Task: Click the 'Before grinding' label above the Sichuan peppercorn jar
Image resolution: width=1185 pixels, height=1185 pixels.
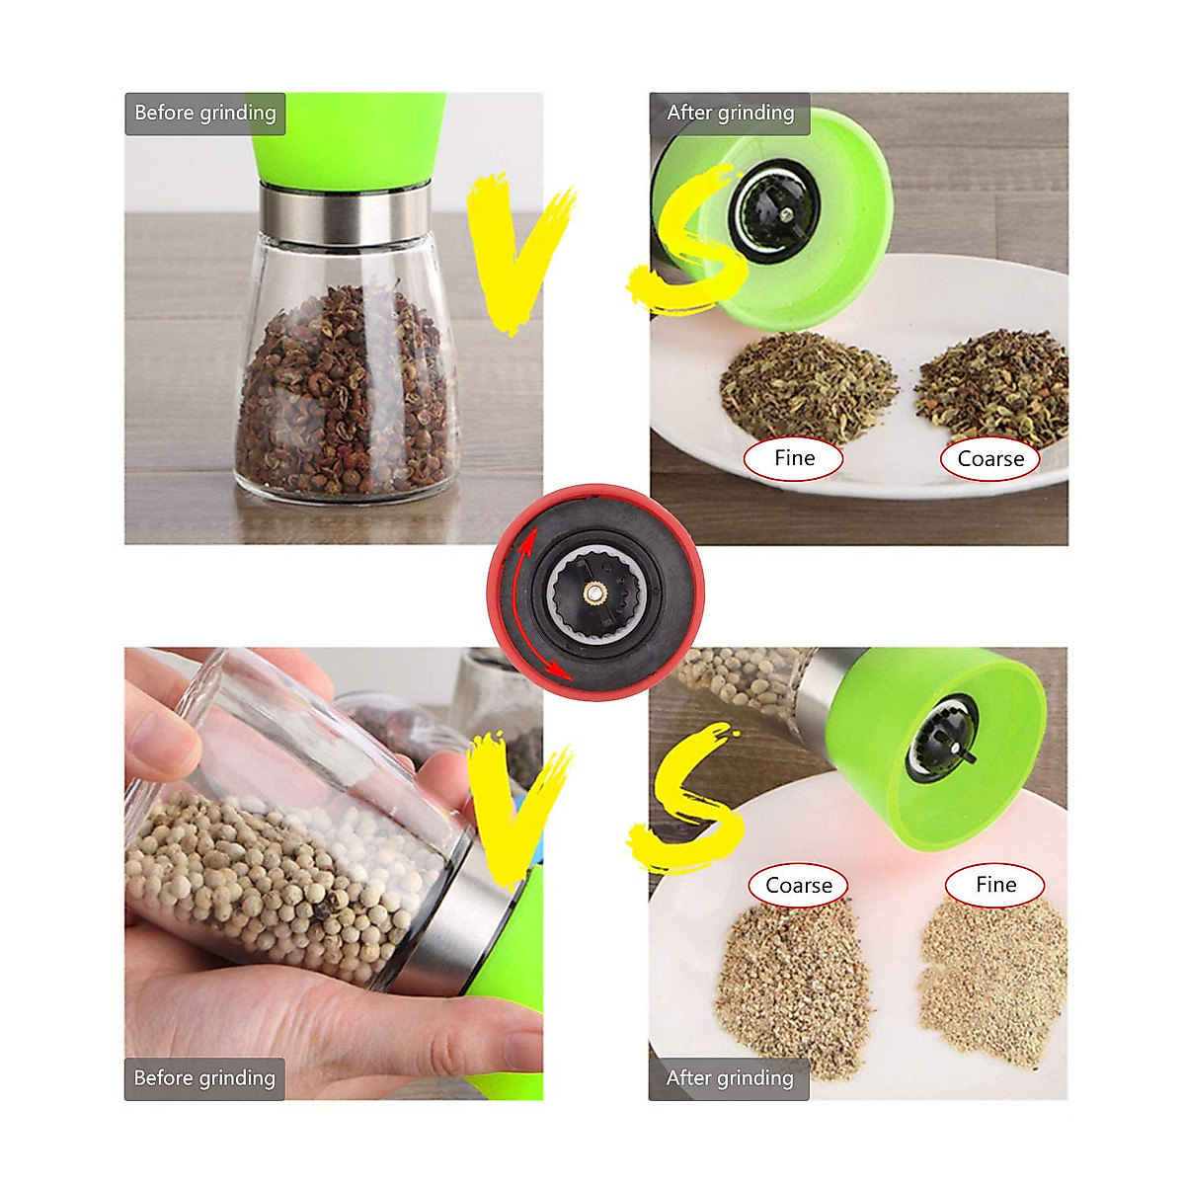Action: tap(205, 114)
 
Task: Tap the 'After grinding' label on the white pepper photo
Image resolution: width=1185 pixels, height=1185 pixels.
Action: tap(729, 1078)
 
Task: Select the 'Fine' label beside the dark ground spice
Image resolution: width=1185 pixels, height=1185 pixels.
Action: tap(794, 458)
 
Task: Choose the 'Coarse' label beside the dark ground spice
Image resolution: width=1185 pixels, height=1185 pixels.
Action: tap(990, 459)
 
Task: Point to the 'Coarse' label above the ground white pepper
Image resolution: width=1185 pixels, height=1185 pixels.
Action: tap(799, 886)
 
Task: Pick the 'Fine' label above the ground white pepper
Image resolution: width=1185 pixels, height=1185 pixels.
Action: tap(994, 885)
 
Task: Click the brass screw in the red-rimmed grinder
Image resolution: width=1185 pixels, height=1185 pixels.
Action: tap(594, 592)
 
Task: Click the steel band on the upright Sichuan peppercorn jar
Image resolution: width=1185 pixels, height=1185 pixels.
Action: tap(345, 213)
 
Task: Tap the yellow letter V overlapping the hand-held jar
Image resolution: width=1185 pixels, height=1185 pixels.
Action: tap(518, 810)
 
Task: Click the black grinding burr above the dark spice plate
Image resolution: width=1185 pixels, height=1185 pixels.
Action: tap(775, 209)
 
